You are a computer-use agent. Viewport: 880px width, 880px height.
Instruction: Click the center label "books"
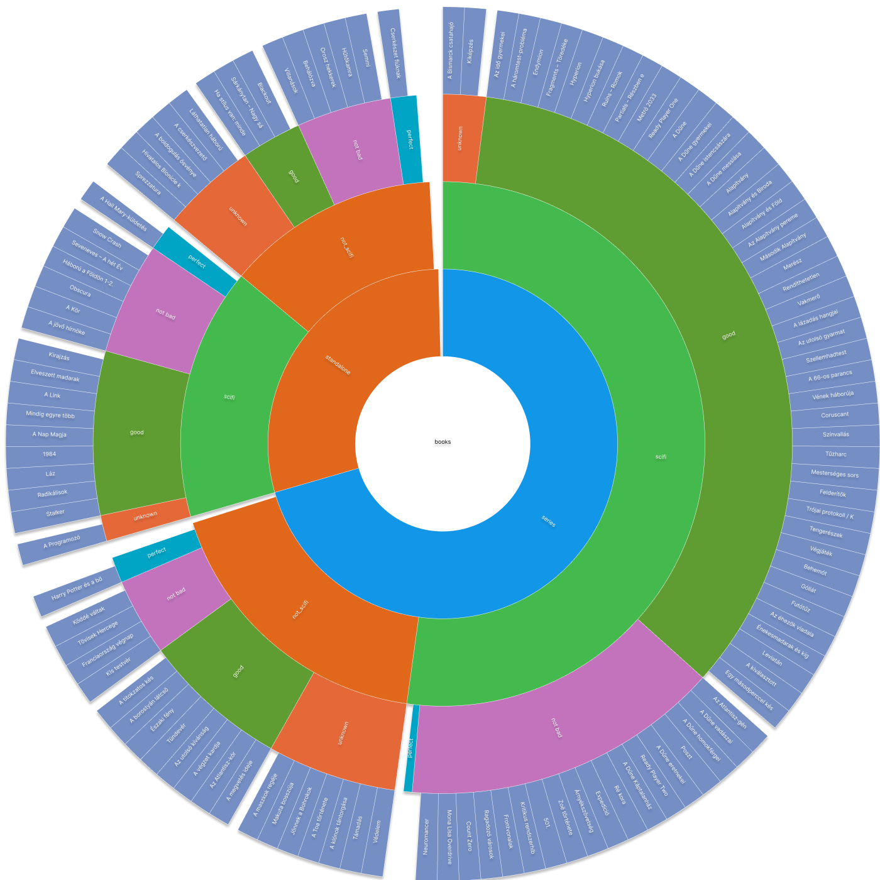point(443,442)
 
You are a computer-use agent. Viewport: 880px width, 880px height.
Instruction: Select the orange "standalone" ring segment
point(338,365)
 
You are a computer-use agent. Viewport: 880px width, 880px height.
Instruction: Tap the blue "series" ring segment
point(548,520)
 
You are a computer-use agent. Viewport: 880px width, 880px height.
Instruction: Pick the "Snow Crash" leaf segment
point(107,237)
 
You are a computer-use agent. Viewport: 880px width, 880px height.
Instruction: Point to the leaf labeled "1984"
point(50,454)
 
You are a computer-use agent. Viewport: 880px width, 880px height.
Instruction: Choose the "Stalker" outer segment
point(55,513)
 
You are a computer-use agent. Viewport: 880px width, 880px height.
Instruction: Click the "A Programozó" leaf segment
point(62,542)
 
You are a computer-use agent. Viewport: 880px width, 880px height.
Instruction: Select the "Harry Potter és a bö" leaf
point(77,588)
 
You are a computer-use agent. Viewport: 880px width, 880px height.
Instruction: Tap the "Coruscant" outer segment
point(835,415)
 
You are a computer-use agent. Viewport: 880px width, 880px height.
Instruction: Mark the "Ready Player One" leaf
point(663,118)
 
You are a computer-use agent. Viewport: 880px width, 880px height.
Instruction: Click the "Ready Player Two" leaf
point(654,774)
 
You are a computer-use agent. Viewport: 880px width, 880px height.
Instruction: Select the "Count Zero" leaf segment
point(469,836)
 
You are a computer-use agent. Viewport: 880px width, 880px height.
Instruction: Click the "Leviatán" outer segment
point(772,658)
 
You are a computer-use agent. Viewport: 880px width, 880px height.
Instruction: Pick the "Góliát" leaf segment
point(808,589)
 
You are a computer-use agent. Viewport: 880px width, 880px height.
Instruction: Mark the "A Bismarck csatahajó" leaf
point(451,50)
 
